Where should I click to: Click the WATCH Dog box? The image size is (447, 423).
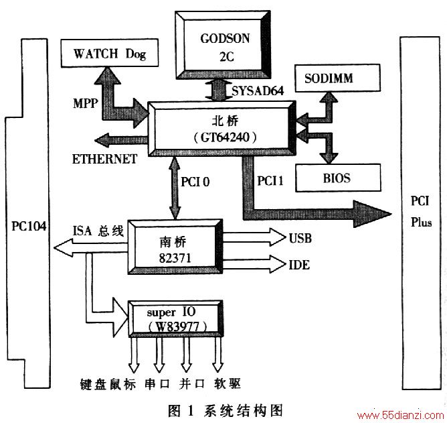click(x=110, y=53)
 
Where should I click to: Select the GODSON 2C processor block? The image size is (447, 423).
click(x=223, y=45)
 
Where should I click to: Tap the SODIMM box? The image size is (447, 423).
click(x=337, y=78)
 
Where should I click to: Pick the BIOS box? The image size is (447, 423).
click(x=338, y=178)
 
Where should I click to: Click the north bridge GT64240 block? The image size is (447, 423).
click(x=221, y=129)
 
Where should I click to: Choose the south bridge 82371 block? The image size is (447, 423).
click(x=175, y=247)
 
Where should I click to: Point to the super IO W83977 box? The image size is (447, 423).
click(x=175, y=318)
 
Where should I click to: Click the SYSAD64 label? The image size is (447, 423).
click(x=258, y=90)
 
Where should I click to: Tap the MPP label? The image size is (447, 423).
click(x=86, y=103)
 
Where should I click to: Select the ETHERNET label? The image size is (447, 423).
click(x=104, y=159)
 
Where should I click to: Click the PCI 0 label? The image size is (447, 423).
click(x=195, y=182)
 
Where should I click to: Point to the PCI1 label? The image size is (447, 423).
click(x=270, y=180)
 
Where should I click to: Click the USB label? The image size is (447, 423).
click(x=300, y=238)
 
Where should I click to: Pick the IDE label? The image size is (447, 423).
click(x=299, y=265)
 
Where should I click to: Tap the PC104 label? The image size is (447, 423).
click(x=29, y=226)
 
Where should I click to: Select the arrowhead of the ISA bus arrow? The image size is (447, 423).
click(x=64, y=247)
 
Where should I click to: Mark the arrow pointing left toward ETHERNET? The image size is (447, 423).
click(x=121, y=140)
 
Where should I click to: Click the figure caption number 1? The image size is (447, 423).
click(x=191, y=411)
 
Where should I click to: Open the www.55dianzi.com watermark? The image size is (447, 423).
click(x=401, y=415)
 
